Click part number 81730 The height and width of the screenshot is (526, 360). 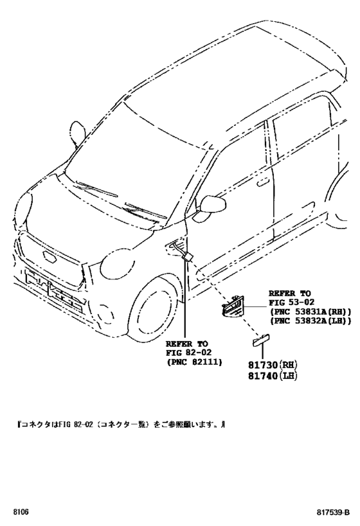coord(263,365)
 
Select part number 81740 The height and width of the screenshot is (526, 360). coord(263,376)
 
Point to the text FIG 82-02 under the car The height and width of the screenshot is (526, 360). coord(189,353)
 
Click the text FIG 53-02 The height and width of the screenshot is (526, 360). coord(291,302)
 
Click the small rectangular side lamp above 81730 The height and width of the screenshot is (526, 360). coord(262,340)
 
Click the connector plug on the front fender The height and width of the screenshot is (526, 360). coord(187,257)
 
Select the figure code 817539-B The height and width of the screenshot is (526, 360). coord(333,513)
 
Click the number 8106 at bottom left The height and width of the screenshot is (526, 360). coord(21,513)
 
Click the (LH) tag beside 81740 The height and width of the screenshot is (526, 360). coord(288,376)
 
